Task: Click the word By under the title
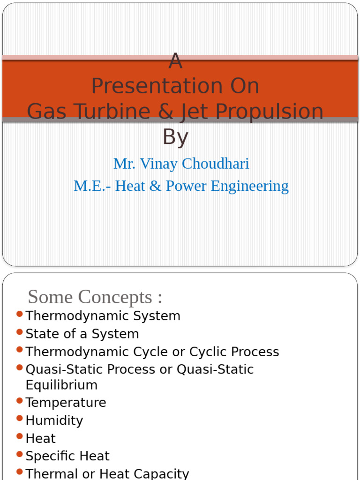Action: [x=175, y=137]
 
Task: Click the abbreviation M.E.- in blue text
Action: [x=93, y=186]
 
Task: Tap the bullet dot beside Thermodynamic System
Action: [x=19, y=314]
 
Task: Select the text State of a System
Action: [x=82, y=334]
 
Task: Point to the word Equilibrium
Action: [x=61, y=385]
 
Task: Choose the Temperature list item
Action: [x=66, y=403]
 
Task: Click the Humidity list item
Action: [x=54, y=420]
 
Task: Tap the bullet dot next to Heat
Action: [x=19, y=436]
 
